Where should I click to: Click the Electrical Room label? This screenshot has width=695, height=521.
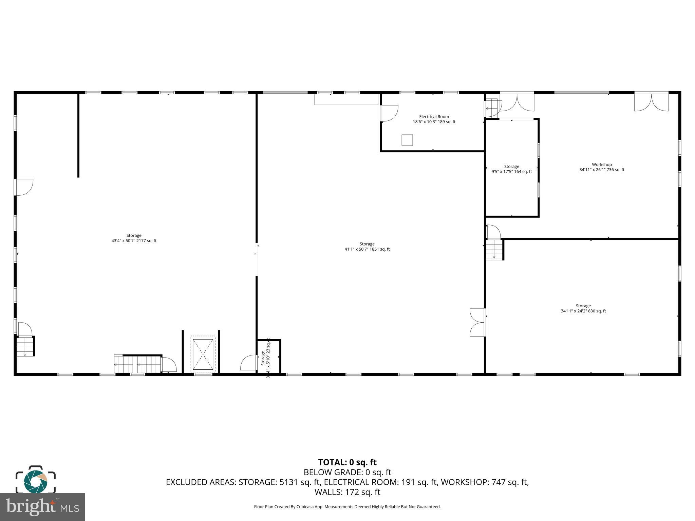[434, 116]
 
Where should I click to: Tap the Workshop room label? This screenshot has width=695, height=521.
[602, 165]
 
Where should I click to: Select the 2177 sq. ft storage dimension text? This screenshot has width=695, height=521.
[134, 241]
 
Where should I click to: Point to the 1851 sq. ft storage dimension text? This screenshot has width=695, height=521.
[367, 249]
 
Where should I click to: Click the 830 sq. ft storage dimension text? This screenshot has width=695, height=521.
[583, 311]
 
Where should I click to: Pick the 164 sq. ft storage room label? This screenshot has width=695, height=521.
[511, 167]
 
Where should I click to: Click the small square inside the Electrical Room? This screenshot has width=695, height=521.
[407, 140]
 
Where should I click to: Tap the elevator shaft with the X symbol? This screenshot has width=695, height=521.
[203, 354]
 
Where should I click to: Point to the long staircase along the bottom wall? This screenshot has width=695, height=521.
[137, 364]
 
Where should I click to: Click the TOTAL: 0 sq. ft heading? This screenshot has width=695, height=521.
[347, 462]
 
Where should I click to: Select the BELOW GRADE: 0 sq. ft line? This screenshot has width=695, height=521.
[347, 472]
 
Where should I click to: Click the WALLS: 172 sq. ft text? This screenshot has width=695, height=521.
[347, 492]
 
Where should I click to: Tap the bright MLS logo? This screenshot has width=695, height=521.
[42, 507]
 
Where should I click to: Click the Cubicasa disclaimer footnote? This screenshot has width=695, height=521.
[347, 507]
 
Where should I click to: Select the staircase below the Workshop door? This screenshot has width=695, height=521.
[494, 250]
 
